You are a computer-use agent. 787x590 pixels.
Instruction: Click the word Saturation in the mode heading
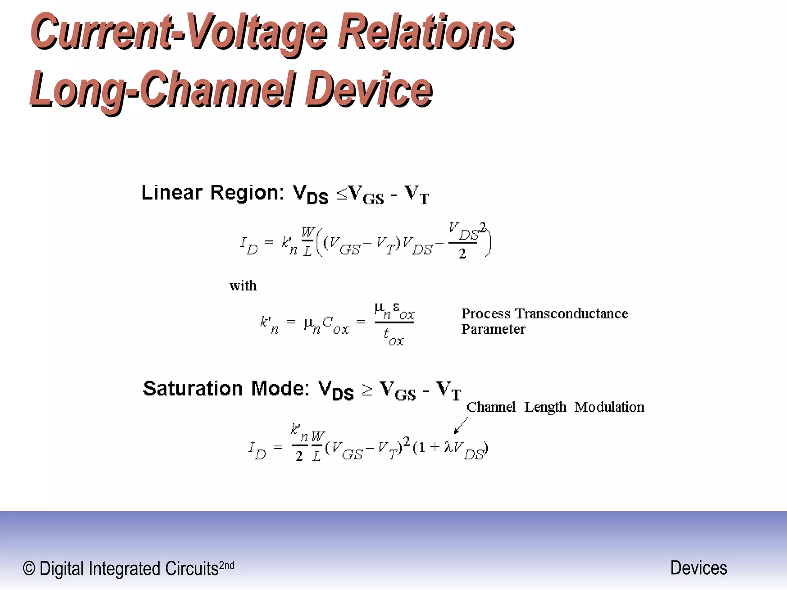click(x=193, y=388)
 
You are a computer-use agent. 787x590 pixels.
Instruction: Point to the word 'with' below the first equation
click(x=243, y=286)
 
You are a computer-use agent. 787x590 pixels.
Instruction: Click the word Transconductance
click(x=571, y=313)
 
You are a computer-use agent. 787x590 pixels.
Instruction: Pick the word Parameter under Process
click(x=493, y=329)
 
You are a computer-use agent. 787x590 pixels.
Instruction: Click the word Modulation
click(x=609, y=407)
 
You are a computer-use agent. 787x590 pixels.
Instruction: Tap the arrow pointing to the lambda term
click(x=461, y=426)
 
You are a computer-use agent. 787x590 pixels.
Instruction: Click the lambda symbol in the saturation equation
click(x=448, y=447)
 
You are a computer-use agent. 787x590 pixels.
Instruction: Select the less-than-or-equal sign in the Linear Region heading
click(x=342, y=194)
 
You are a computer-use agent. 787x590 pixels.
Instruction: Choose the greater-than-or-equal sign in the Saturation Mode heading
click(x=367, y=390)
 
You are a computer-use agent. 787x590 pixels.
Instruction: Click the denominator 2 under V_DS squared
click(x=462, y=254)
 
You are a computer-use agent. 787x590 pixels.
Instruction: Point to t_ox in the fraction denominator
click(x=393, y=337)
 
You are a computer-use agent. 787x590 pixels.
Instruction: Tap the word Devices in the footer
click(x=699, y=568)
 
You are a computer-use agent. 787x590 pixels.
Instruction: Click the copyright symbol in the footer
click(x=29, y=568)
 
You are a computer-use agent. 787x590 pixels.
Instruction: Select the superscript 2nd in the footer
click(x=226, y=565)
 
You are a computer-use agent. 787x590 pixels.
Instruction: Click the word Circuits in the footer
click(x=192, y=568)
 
